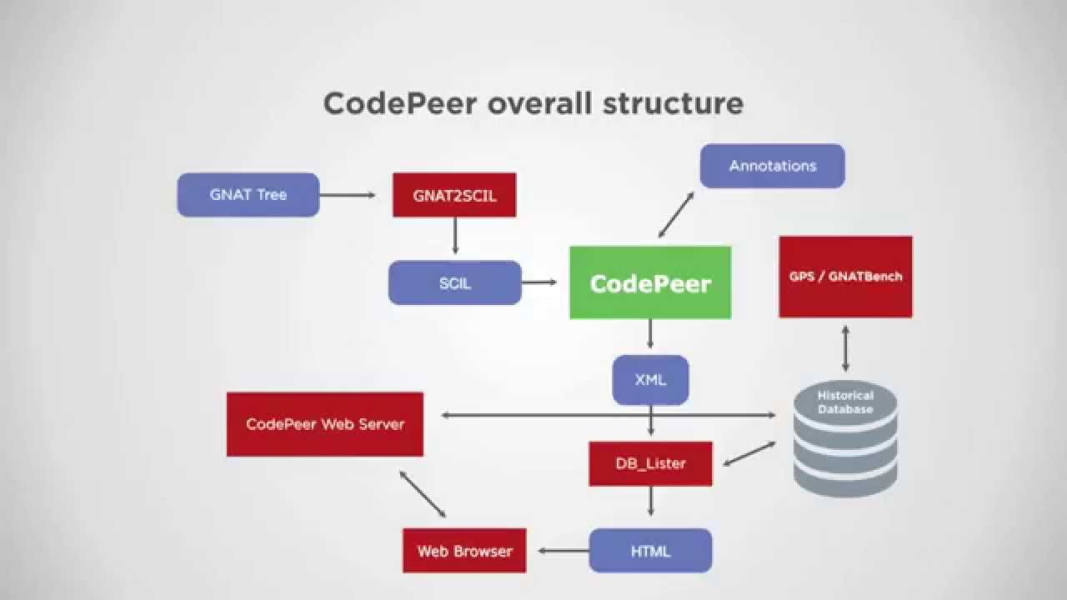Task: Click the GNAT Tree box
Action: (x=248, y=195)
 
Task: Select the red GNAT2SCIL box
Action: (x=454, y=196)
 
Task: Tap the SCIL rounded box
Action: (x=455, y=283)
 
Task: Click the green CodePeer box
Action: (x=650, y=283)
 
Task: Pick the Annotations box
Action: (x=772, y=166)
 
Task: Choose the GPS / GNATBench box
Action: (x=845, y=277)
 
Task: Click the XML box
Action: (x=650, y=380)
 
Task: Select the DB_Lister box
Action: (x=650, y=463)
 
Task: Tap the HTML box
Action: (x=650, y=551)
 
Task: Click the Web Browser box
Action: (x=464, y=551)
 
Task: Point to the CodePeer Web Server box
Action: (x=325, y=424)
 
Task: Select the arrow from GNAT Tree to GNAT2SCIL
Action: (x=348, y=196)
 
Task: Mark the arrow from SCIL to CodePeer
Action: (x=540, y=282)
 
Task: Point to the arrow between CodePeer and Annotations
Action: (x=676, y=215)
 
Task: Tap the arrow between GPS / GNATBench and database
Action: (x=845, y=348)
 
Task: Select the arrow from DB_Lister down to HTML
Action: (x=650, y=502)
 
